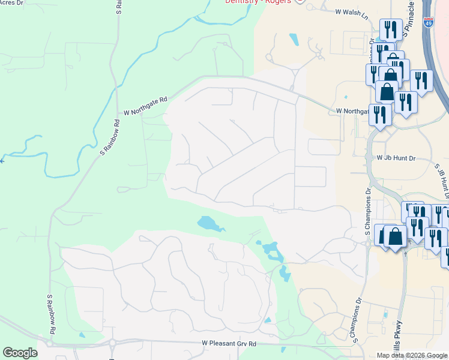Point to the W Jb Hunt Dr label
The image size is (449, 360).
point(396,158)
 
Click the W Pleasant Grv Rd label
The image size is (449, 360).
point(229,344)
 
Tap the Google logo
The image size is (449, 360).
point(20,353)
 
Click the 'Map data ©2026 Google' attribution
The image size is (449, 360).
point(412,355)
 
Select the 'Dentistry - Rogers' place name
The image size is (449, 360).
point(258,2)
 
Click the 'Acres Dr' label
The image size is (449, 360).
point(12,3)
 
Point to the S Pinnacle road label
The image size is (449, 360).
point(410,18)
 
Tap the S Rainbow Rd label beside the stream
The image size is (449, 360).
point(110,138)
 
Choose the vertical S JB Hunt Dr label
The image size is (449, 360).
point(444,181)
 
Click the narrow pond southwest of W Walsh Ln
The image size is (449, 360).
point(293,40)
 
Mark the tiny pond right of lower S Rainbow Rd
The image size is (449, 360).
point(81,335)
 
